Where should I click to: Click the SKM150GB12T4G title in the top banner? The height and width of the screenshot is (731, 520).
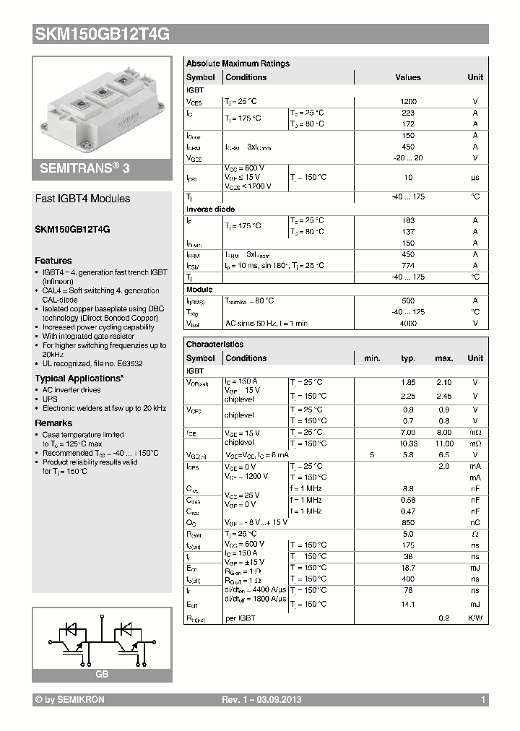pyautogui.click(x=102, y=33)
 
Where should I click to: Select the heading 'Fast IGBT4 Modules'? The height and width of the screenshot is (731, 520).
pyautogui.click(x=82, y=199)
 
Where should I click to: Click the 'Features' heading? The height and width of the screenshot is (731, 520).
pyautogui.click(x=53, y=261)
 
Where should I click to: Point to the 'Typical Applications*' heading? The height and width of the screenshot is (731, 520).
pyautogui.click(x=79, y=379)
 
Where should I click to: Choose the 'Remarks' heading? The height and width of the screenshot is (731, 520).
pyautogui.click(x=53, y=423)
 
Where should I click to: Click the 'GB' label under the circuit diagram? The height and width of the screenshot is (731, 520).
pyautogui.click(x=102, y=673)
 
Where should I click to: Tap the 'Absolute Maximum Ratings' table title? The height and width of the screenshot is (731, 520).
pyautogui.click(x=238, y=64)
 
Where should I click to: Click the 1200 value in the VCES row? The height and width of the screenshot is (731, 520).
pyautogui.click(x=407, y=103)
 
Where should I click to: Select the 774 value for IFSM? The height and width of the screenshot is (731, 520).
pyautogui.click(x=407, y=266)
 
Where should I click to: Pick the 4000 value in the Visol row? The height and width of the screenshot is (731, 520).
pyautogui.click(x=407, y=324)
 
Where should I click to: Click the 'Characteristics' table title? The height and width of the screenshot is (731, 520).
pyautogui.click(x=214, y=345)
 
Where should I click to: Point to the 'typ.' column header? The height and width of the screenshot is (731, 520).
pyautogui.click(x=408, y=358)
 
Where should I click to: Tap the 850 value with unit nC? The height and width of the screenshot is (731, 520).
pyautogui.click(x=408, y=522)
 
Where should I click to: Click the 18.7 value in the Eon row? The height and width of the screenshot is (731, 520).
pyautogui.click(x=408, y=568)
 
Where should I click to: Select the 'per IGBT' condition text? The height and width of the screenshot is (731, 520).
pyautogui.click(x=240, y=618)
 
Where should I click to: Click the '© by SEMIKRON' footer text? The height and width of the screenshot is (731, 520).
pyautogui.click(x=69, y=700)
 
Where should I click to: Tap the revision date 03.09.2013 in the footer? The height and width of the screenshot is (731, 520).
pyautogui.click(x=278, y=700)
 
